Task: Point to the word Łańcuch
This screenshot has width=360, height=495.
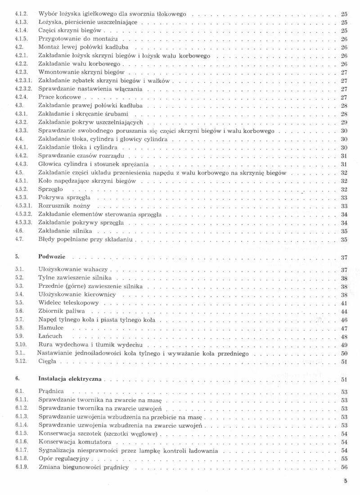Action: tap(50, 336)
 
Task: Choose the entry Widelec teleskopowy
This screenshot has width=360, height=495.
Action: tap(68, 303)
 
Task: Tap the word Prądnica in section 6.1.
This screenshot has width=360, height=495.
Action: tap(51, 392)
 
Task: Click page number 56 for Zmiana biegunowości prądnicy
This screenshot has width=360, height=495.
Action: tap(344, 467)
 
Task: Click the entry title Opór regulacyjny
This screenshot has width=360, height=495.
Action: tap(66, 459)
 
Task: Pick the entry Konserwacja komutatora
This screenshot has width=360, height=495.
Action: tap(75, 442)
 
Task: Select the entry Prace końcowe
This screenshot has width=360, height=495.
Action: tap(59, 97)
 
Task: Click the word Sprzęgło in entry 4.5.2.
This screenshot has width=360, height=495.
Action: tap(50, 189)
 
